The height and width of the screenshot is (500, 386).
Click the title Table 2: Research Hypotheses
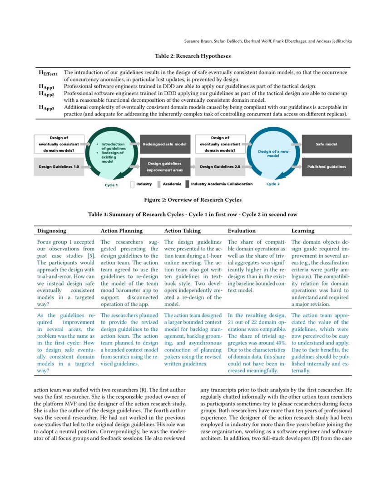[193, 56]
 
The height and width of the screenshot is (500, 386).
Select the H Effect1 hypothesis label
[48, 73]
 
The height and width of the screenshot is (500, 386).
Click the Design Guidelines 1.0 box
[58, 167]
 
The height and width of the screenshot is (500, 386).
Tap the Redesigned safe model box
[164, 144]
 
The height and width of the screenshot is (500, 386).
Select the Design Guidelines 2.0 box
[220, 167]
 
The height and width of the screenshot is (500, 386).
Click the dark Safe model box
[326, 144]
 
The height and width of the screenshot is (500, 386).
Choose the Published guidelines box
[326, 167]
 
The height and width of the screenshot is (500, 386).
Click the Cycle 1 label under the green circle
[111, 185]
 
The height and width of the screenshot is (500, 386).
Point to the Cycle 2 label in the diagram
[273, 184]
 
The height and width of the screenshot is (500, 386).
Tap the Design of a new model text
[273, 153]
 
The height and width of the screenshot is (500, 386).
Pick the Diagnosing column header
[51, 231]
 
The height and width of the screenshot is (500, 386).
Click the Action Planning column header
[121, 231]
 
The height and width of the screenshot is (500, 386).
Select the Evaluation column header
[242, 231]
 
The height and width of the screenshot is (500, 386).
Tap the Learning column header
[302, 231]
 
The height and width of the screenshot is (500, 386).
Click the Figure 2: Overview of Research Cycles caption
[193, 200]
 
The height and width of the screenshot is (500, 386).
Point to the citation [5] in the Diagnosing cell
[91, 255]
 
